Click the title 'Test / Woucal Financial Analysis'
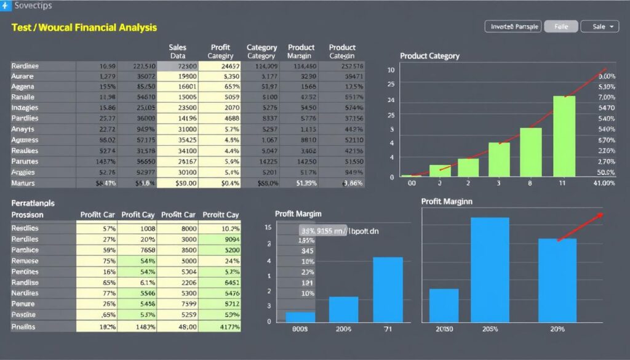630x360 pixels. click(x=84, y=28)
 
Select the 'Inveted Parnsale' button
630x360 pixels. click(x=512, y=26)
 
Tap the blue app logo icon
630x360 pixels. click(x=5, y=6)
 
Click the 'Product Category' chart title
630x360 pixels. click(x=429, y=56)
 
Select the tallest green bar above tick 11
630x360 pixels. click(x=564, y=136)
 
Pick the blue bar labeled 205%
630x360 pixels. click(x=490, y=269)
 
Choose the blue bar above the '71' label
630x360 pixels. click(x=388, y=289)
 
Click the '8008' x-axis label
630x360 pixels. click(x=300, y=330)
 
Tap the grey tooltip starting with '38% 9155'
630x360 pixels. click(x=322, y=231)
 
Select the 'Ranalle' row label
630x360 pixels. click(x=23, y=97)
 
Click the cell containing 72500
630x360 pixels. click(x=178, y=66)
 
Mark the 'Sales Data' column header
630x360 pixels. click(x=177, y=51)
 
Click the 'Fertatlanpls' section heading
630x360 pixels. click(x=33, y=202)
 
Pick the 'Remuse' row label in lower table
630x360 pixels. click(x=25, y=261)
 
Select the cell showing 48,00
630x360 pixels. click(x=178, y=327)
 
